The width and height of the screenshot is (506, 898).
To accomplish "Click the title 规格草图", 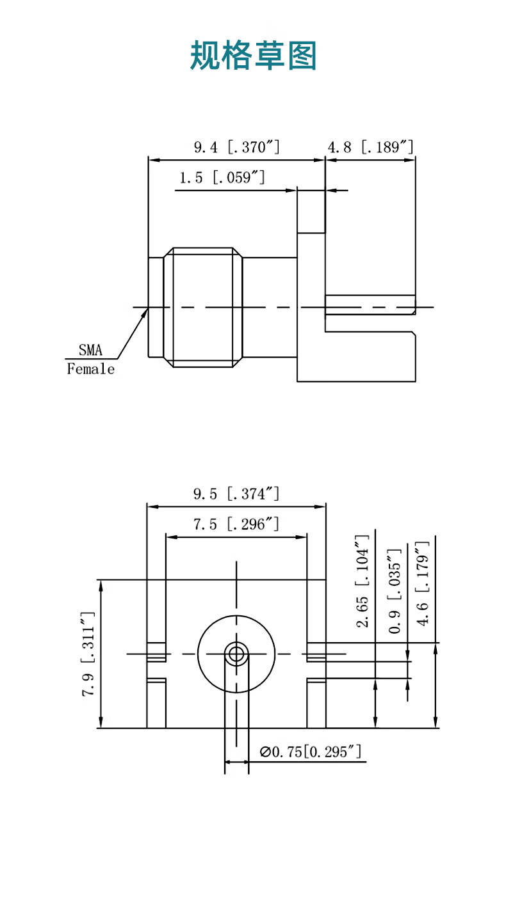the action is pos(253,55).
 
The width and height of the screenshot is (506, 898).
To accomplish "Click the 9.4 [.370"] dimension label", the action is pos(236,147).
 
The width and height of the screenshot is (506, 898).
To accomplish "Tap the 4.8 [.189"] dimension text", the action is pos(370,147).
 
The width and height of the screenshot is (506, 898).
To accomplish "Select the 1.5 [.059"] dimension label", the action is pos(222,177).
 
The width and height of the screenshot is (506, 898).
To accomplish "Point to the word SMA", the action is pos(90,350).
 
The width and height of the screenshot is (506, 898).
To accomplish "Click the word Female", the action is pos(91,369).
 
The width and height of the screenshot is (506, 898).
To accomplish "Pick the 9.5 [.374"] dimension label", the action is pos(236,494).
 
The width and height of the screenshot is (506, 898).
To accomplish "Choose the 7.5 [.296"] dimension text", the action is pos(236,524).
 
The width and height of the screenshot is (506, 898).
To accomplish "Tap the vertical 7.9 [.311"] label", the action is pos(88,654).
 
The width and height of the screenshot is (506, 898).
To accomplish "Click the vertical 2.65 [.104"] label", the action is pos(363,581).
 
